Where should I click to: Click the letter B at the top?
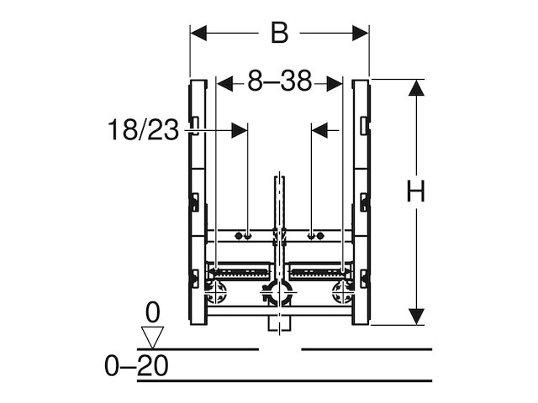click(x=279, y=33)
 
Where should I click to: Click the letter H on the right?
click(x=415, y=191)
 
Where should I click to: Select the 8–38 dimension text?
click(x=279, y=81)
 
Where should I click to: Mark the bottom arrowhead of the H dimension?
click(x=415, y=317)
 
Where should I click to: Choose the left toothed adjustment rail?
click(x=241, y=273)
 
